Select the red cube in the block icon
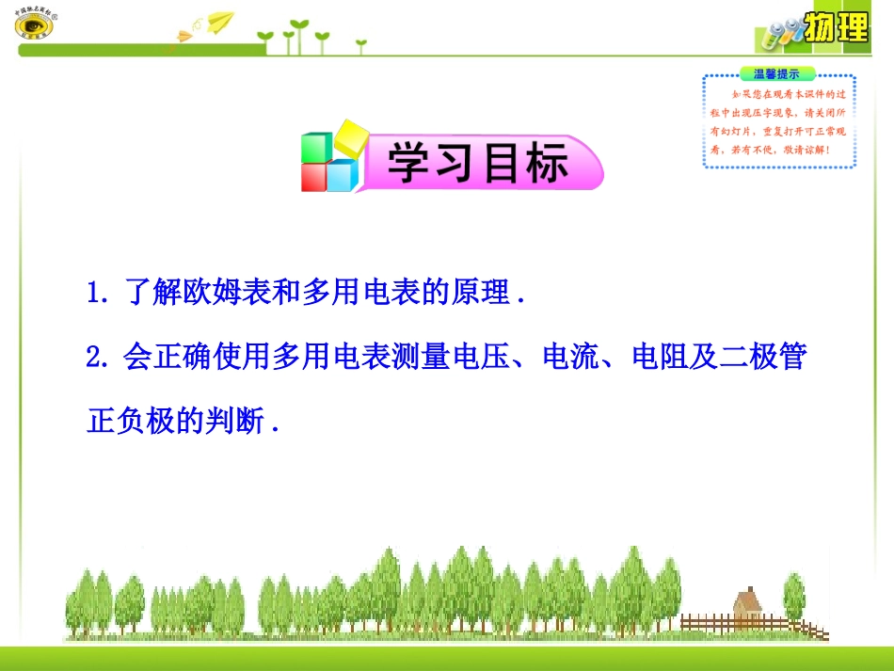click(314, 178)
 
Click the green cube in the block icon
click(315, 149)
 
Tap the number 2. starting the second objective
click(97, 358)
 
